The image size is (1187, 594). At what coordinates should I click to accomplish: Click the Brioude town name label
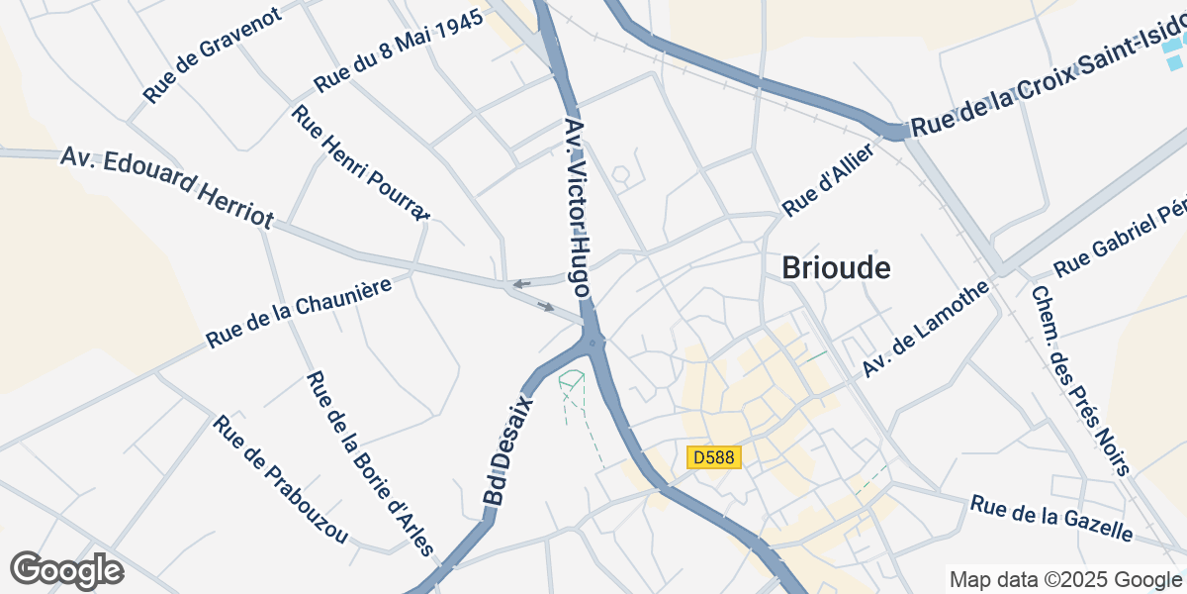click(836, 267)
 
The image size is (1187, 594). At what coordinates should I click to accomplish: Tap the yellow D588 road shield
click(714, 457)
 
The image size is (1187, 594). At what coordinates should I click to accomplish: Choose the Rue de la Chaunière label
click(299, 312)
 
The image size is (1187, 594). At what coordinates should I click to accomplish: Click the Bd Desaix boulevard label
click(510, 452)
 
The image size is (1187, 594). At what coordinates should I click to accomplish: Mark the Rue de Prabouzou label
click(281, 479)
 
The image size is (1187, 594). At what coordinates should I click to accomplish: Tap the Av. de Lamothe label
click(925, 329)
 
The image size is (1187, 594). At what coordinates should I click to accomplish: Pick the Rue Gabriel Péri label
click(1119, 241)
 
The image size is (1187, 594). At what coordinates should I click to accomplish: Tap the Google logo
click(66, 569)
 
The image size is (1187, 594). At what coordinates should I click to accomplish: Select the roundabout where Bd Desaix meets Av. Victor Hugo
click(593, 343)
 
